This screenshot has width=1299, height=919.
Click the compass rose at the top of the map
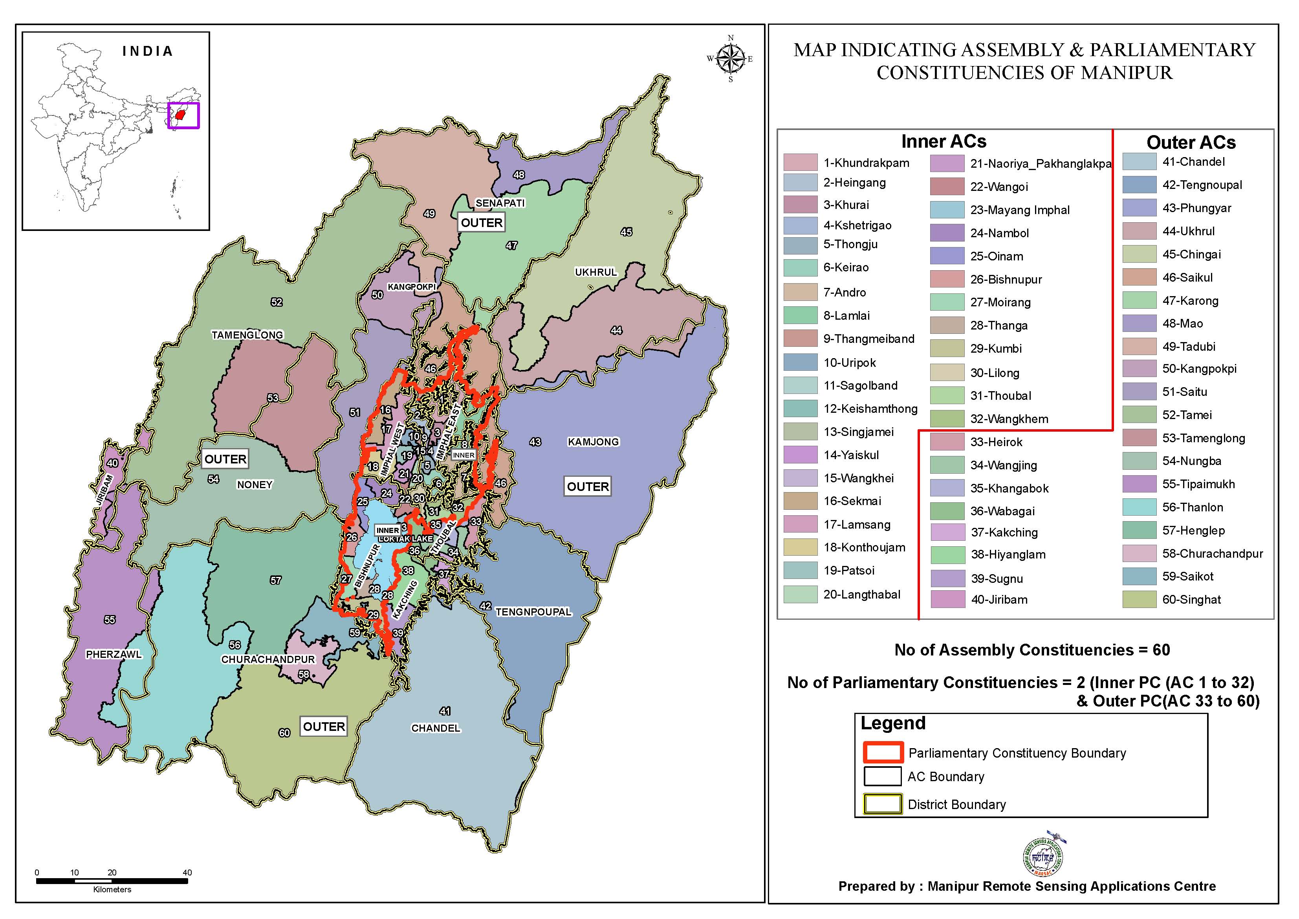[x=730, y=58]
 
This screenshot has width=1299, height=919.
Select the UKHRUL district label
[x=595, y=272]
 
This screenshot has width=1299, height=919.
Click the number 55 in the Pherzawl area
[x=110, y=620]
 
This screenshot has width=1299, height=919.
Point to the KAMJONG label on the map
[x=593, y=442]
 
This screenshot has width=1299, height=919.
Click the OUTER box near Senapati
[x=481, y=223]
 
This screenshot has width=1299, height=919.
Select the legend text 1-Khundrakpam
[x=866, y=163]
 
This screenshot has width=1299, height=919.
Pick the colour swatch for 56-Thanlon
[x=1139, y=507]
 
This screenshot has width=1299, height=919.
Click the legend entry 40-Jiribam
[x=999, y=599]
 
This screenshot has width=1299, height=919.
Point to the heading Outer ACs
[x=1191, y=142]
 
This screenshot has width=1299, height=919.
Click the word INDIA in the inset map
[x=147, y=51]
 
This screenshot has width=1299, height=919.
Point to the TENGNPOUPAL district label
[x=533, y=612]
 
